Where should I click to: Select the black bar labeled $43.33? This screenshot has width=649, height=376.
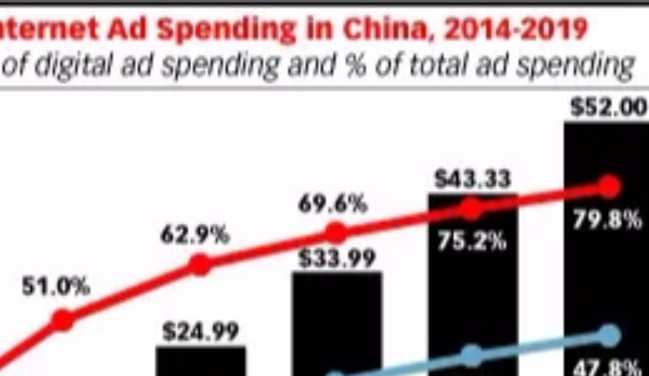click(472, 298)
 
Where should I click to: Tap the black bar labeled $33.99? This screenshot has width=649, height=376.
click(337, 322)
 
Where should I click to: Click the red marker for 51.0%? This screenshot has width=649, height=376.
click(63, 319)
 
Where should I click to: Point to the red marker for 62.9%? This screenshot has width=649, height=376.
click(200, 265)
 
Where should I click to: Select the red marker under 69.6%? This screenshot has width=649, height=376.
click(335, 232)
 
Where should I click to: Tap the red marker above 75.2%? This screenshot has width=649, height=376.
click(471, 208)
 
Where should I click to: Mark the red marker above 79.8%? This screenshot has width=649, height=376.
click(608, 187)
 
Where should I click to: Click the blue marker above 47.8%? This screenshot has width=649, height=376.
click(608, 335)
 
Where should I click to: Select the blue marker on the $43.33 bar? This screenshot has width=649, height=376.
click(471, 355)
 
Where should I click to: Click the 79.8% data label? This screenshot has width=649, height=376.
click(607, 220)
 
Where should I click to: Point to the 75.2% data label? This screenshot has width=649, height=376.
click(471, 242)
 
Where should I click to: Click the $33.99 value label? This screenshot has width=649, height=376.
click(337, 257)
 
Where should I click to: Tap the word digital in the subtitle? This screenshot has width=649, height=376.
click(74, 67)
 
